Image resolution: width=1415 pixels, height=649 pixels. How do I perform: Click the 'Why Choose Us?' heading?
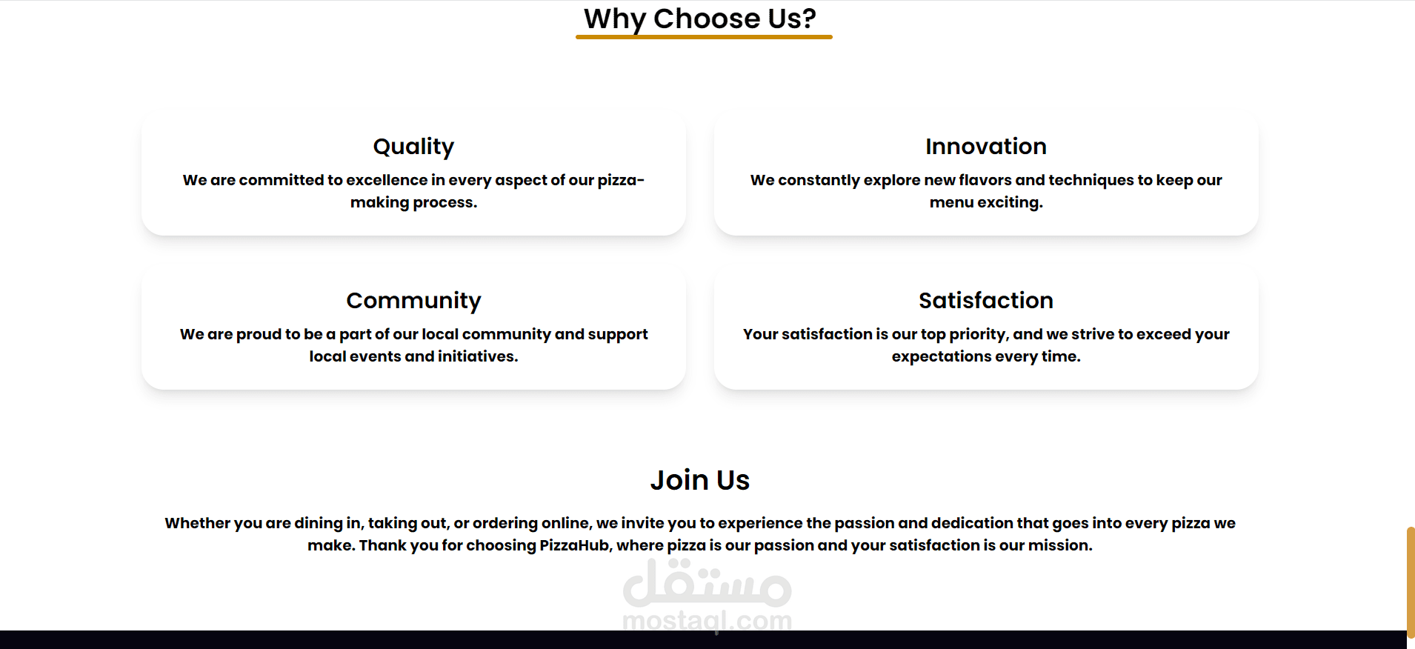point(700,19)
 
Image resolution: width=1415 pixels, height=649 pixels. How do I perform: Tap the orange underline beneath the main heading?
point(704,37)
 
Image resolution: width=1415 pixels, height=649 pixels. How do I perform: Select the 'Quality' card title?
point(413,147)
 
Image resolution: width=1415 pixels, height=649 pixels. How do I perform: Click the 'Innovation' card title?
point(986,146)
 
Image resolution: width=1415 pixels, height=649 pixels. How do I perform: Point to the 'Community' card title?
point(413,301)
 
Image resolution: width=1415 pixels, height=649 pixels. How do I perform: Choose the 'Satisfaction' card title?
point(986,300)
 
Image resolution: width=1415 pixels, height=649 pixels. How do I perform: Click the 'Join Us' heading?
point(700,480)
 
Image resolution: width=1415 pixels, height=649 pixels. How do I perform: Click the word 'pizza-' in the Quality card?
point(621,181)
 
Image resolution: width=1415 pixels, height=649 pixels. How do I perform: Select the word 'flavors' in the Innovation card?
point(985,180)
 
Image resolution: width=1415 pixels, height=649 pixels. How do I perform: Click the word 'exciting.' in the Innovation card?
point(1010,203)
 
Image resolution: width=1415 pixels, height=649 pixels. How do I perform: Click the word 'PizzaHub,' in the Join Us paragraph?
point(576,545)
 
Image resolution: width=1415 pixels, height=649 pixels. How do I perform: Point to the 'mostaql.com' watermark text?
point(707,621)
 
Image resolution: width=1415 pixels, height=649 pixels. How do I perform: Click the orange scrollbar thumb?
point(1411,582)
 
